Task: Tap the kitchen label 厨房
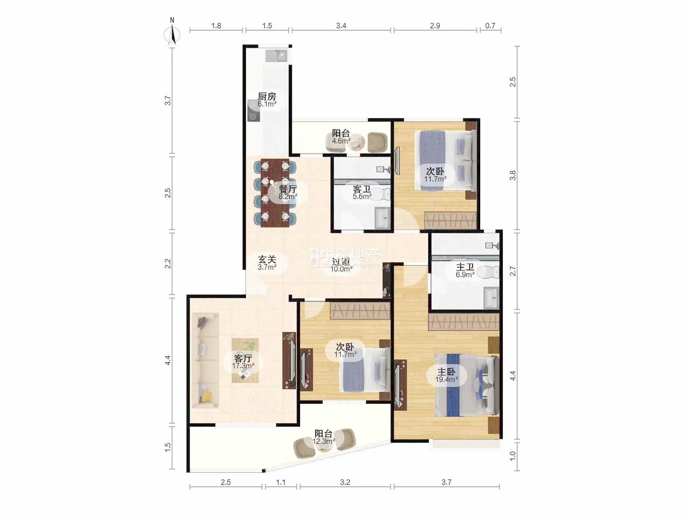tap(267, 97)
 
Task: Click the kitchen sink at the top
tap(276, 55)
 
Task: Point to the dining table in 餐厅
tap(275, 193)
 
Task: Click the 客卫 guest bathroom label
tap(362, 189)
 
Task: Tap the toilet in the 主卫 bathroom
tap(489, 273)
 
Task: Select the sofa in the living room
tap(205, 360)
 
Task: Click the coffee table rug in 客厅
tap(245, 360)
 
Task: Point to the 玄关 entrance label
tap(267, 259)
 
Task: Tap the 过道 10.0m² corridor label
tap(341, 265)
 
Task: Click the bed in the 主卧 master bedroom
tap(466, 385)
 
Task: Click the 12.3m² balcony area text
tap(323, 441)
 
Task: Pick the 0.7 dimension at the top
tap(490, 26)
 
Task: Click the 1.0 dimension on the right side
tap(513, 456)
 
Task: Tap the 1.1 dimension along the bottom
tap(281, 482)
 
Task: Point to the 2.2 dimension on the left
tap(168, 264)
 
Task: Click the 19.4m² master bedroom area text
tap(447, 380)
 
